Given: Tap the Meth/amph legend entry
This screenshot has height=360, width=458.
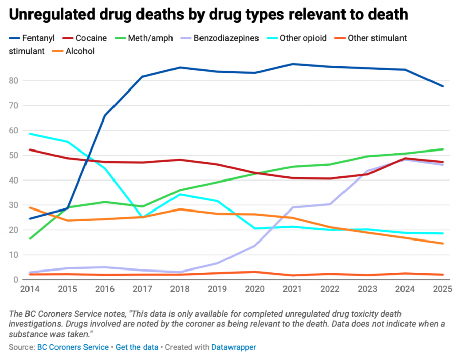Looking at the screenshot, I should (x=148, y=38).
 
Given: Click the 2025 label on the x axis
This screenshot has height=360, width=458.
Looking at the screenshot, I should (x=440, y=288).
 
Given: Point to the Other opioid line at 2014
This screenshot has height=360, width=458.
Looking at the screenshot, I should (x=30, y=134).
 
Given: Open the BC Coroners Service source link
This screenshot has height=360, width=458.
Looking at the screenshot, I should (x=73, y=347).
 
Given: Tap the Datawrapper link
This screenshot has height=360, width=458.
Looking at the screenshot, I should (x=234, y=347).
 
